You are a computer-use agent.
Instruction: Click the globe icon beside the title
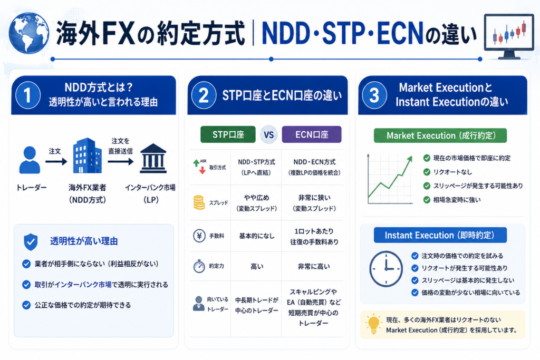tap(29, 33)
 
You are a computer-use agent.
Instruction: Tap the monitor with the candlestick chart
tap(509, 36)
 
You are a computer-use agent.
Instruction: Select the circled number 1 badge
tap(27, 95)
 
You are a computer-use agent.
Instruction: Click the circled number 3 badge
tap(374, 95)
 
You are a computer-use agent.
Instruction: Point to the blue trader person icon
tap(30, 160)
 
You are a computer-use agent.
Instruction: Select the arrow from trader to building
tap(56, 161)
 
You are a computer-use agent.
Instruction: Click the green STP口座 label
tap(228, 134)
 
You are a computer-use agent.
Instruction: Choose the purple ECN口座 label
tap(312, 134)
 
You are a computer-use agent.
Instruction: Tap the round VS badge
tap(268, 134)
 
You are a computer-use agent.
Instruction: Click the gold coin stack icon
tap(199, 202)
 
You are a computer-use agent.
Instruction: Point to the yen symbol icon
tap(199, 236)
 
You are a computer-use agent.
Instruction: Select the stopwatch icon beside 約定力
tap(199, 266)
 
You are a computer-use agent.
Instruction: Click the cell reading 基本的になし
tap(257, 236)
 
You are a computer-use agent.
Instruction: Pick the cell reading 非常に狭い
tap(314, 198)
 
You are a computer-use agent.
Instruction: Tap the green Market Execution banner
tap(440, 135)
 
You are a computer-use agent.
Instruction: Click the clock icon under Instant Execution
tap(385, 269)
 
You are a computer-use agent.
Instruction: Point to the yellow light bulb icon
tap(373, 324)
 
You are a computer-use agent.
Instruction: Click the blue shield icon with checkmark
tap(31, 241)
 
